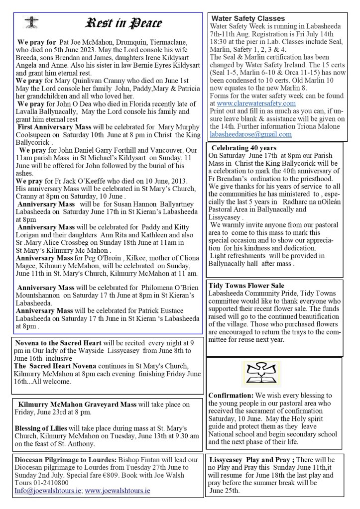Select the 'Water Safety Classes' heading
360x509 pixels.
[248, 19]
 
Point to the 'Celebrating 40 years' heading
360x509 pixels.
[244, 148]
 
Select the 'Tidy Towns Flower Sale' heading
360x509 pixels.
[246, 286]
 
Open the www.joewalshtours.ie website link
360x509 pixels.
[118, 490]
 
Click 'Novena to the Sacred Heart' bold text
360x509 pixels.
[59, 343]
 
